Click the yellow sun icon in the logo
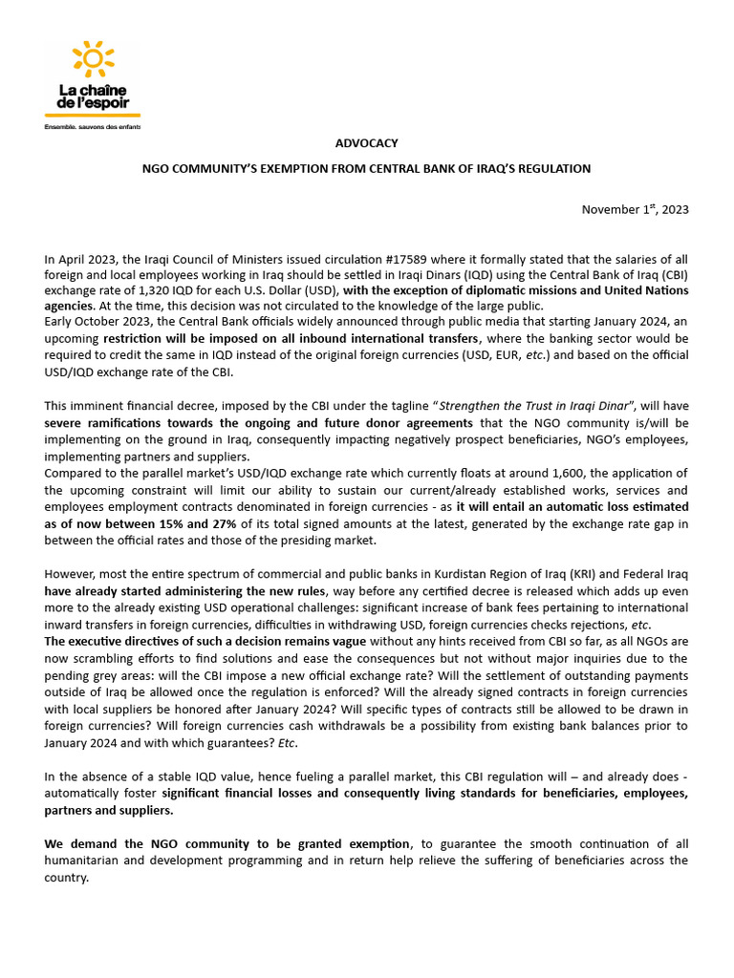pyautogui.click(x=93, y=60)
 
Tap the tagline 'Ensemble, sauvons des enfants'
pyautogui.click(x=93, y=126)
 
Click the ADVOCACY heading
pyautogui.click(x=366, y=143)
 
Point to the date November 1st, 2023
pyautogui.click(x=635, y=209)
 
